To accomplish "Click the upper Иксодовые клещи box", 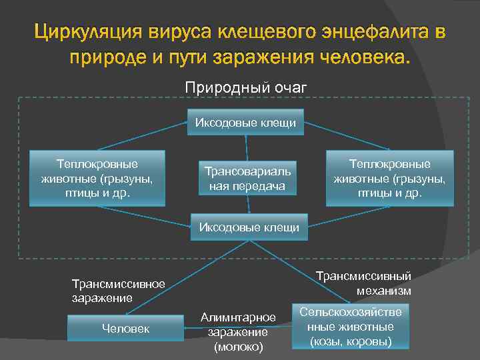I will click(x=245, y=123).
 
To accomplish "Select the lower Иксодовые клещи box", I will click(x=249, y=228).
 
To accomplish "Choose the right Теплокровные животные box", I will click(x=389, y=178).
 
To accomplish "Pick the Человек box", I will click(x=125, y=328).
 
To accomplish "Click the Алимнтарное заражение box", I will click(x=238, y=331).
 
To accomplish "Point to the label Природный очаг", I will click(x=245, y=87).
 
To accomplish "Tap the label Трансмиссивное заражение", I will click(x=118, y=290).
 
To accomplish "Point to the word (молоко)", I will click(x=238, y=347).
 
